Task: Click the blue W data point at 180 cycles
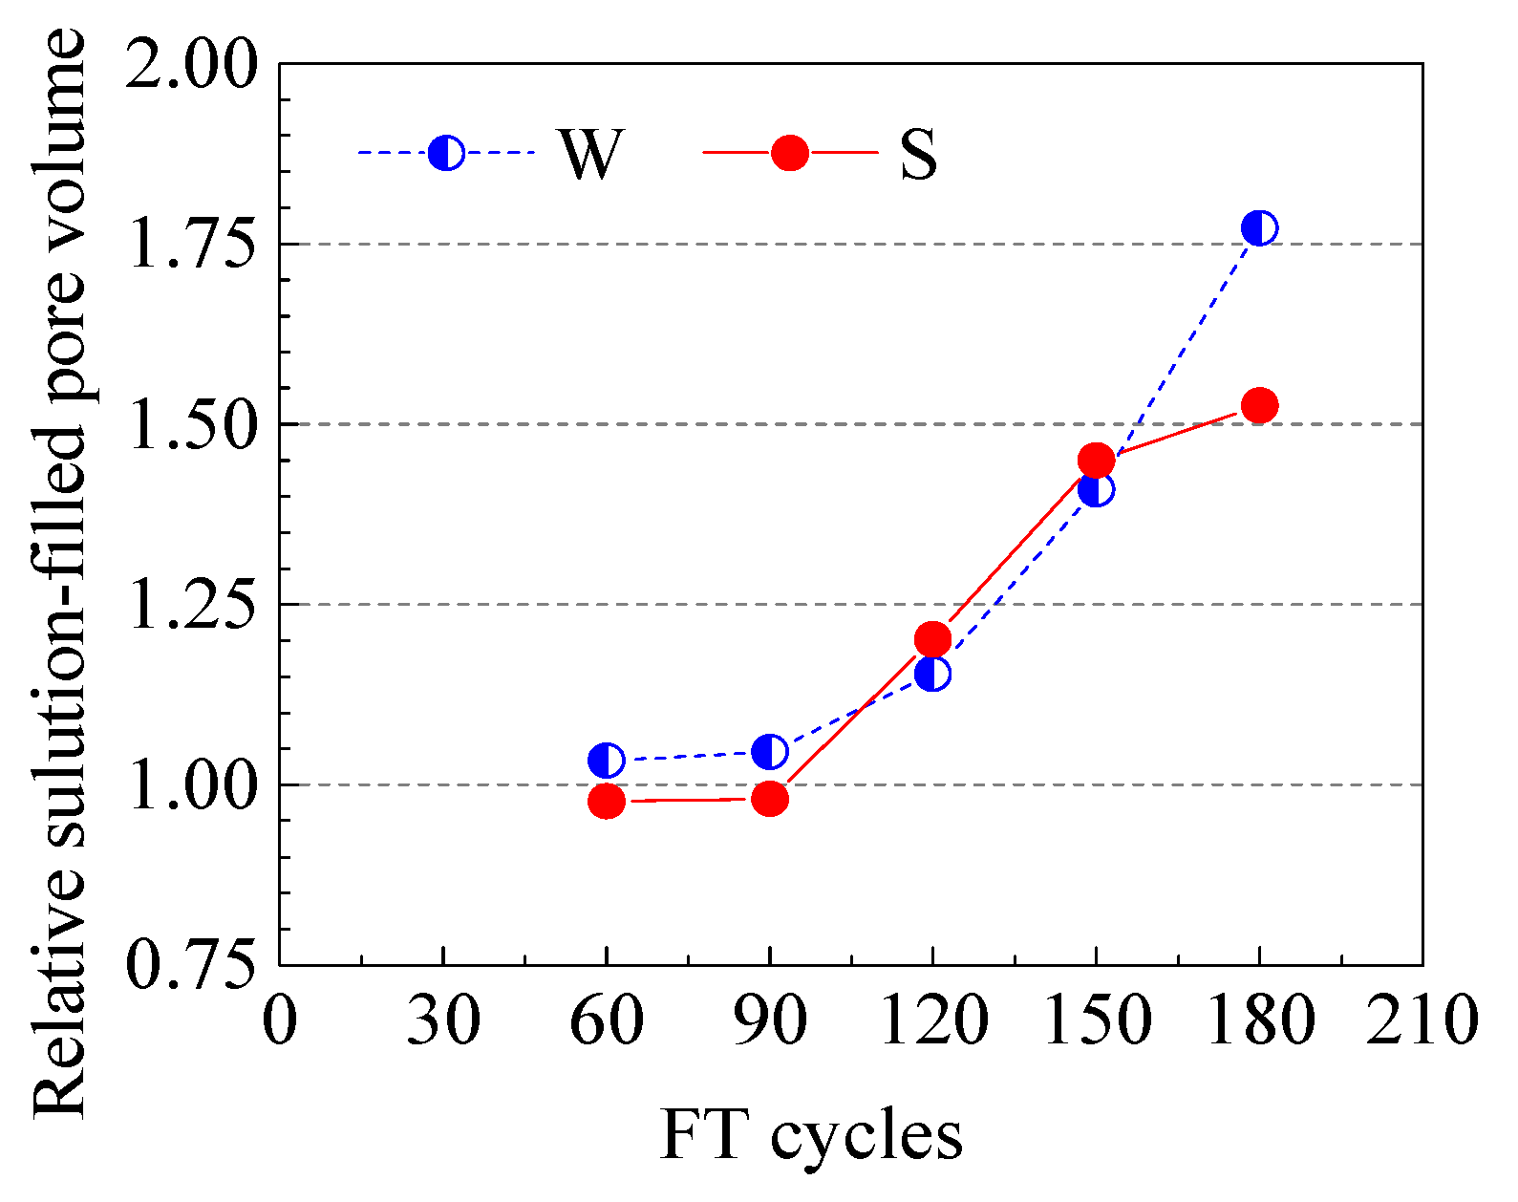[1259, 228]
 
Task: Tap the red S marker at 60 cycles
[607, 801]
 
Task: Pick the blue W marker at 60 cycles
[607, 761]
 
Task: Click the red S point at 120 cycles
[932, 638]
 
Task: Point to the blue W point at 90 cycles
[769, 752]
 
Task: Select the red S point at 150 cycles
[1096, 461]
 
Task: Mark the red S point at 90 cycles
[769, 799]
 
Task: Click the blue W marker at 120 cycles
[932, 674]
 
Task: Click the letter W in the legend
[590, 154]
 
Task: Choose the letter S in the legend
[918, 154]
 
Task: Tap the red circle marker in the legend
[790, 153]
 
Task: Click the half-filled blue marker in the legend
[446, 153]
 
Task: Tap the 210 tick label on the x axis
[1422, 1020]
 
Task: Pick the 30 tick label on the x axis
[443, 1020]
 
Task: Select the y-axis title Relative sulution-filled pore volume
[59, 573]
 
